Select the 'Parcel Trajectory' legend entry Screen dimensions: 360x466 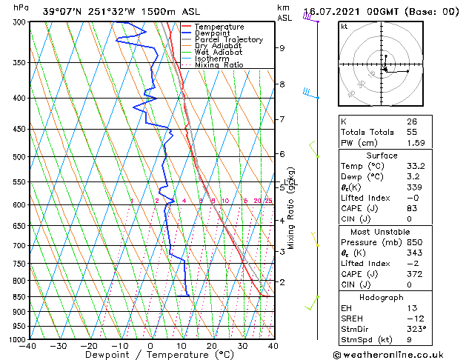pyautogui.click(x=228, y=40)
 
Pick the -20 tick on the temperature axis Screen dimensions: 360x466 pyautogui.click(x=89, y=346)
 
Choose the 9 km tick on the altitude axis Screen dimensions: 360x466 pyautogui.click(x=282, y=48)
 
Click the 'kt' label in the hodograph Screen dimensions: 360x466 pyautogui.click(x=344, y=27)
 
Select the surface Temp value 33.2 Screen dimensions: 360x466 pyautogui.click(x=416, y=166)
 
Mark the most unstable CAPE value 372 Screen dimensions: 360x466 pyautogui.click(x=413, y=274)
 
